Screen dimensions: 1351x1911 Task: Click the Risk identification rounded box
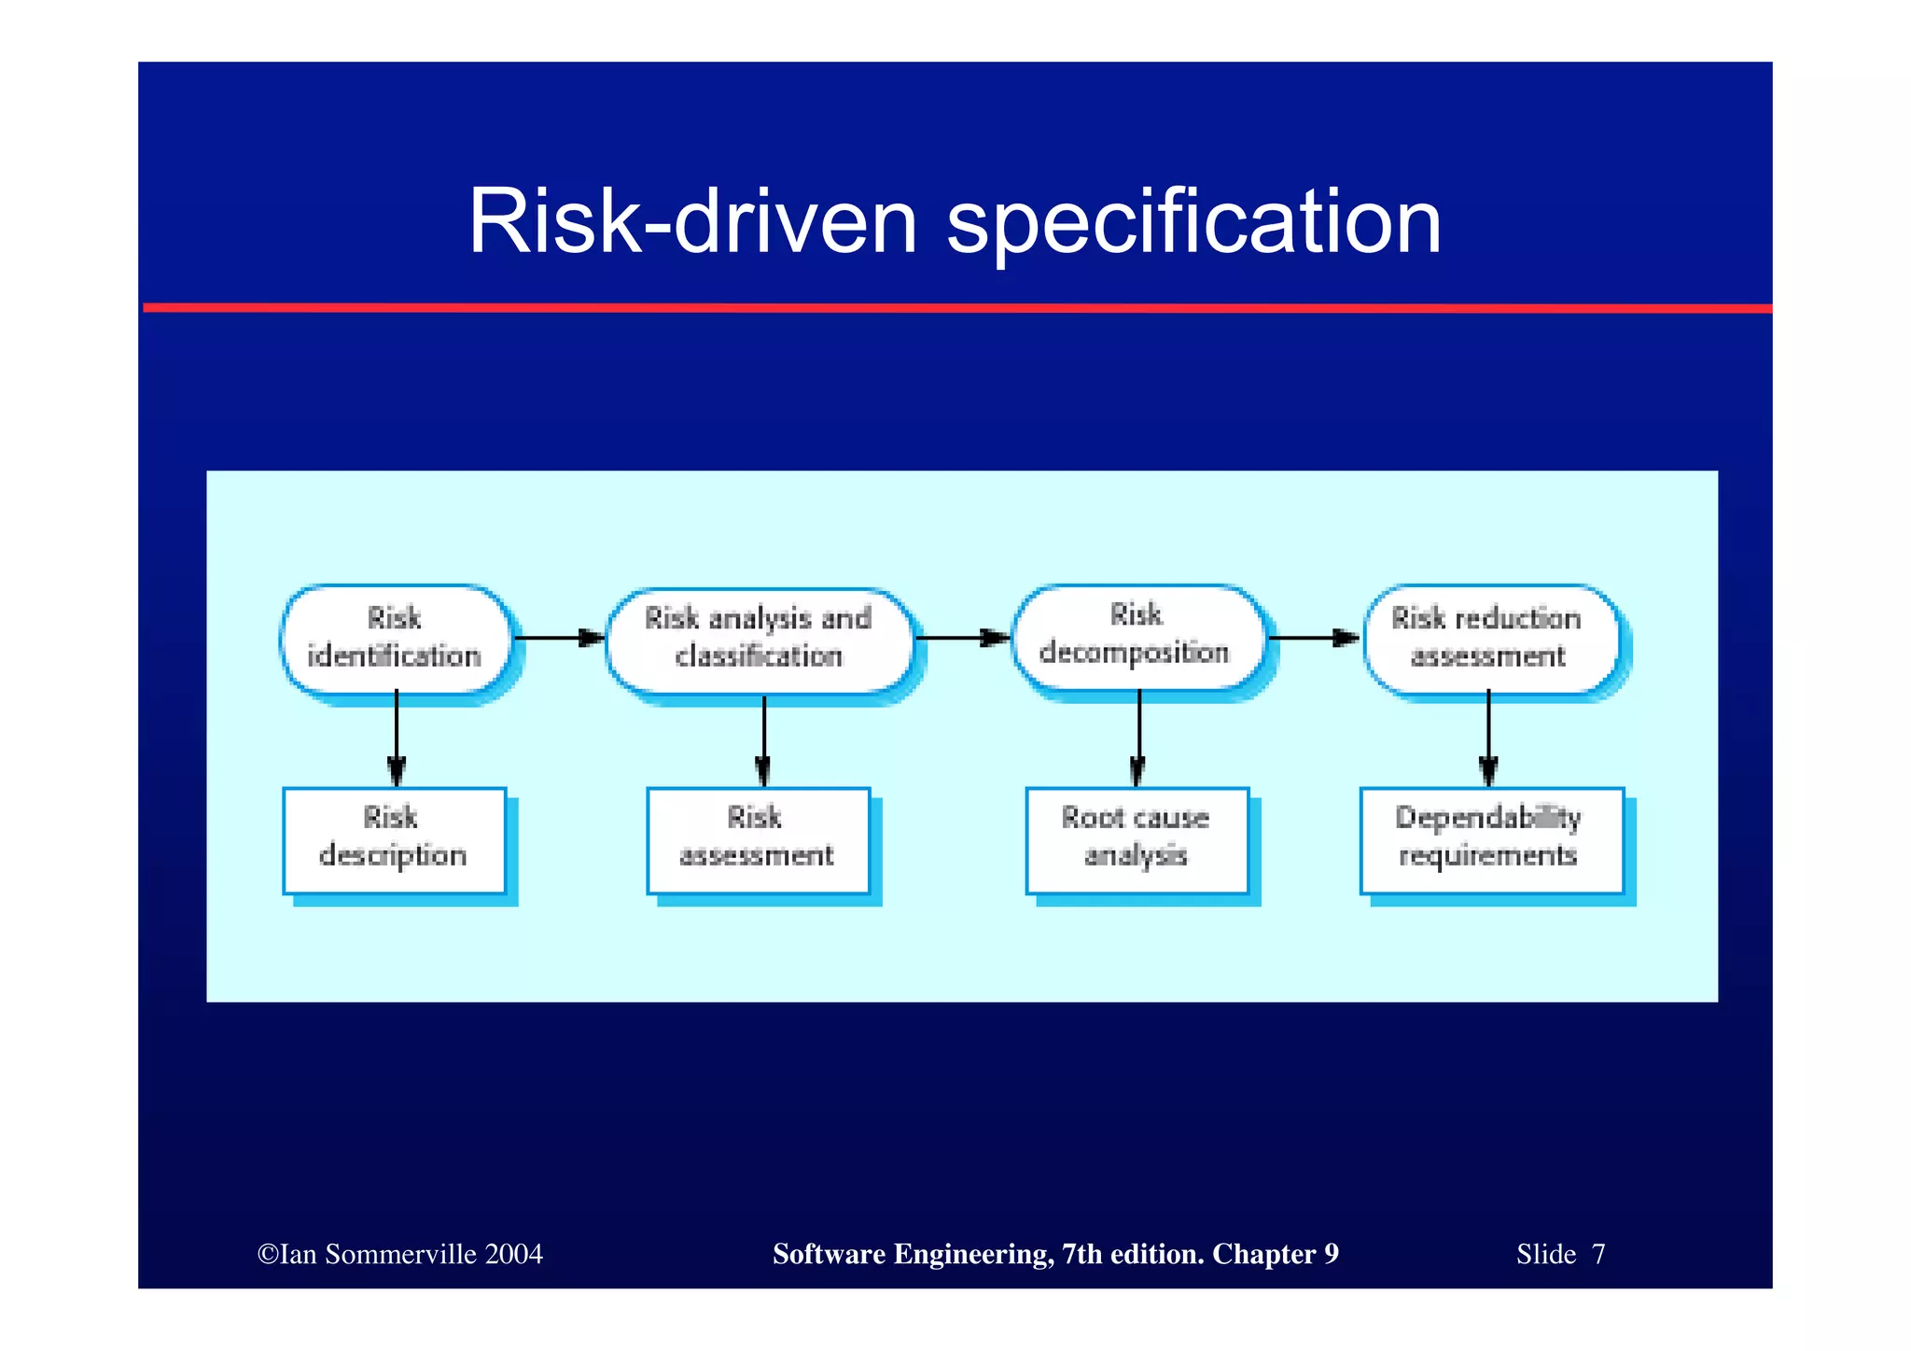click(x=396, y=639)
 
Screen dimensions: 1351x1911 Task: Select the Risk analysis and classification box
click(x=760, y=639)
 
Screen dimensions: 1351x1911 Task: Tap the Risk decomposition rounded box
click(x=1137, y=637)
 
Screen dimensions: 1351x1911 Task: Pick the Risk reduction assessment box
click(x=1489, y=639)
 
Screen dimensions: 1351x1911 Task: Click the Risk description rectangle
click(x=394, y=838)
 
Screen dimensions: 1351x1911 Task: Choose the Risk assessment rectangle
click(x=758, y=838)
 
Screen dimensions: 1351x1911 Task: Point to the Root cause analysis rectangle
click(x=1137, y=838)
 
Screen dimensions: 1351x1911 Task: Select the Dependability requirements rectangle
click(x=1490, y=838)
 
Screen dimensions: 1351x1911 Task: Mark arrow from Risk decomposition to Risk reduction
click(x=1314, y=638)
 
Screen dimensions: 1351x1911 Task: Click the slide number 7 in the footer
click(x=1598, y=1254)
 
